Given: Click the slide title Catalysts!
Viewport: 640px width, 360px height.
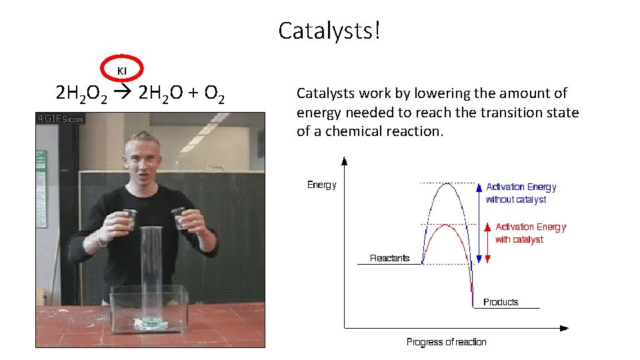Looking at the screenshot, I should (329, 31).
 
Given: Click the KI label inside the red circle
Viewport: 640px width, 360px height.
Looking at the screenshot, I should (122, 71).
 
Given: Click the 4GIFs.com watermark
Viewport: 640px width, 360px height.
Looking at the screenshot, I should (61, 119).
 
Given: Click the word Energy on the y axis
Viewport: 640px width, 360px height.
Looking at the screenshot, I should (321, 185).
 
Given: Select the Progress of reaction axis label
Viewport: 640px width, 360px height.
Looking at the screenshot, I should (446, 342).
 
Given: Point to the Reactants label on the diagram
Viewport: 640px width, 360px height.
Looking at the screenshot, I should (389, 258).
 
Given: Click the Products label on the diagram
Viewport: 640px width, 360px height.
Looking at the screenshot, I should (500, 302).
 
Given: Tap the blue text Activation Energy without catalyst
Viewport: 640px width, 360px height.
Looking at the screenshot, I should (521, 193).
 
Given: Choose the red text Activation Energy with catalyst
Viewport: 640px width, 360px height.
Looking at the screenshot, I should (530, 233).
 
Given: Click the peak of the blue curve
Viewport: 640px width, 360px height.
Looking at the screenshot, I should (448, 183).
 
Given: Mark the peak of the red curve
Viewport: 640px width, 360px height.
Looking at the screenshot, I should (447, 225).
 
